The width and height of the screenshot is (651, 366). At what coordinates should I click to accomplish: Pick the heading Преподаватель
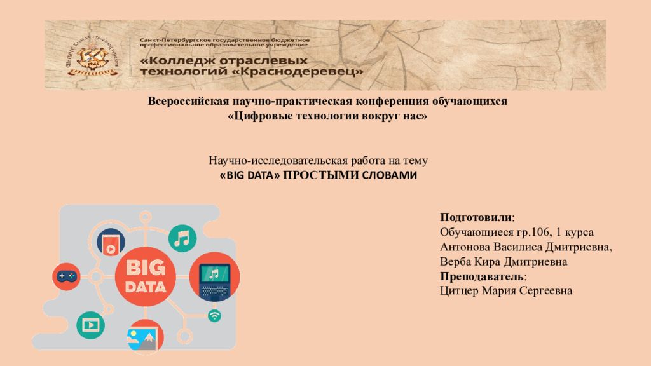pyautogui.click(x=482, y=276)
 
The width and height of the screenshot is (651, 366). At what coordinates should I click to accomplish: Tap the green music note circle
pyautogui.click(x=182, y=238)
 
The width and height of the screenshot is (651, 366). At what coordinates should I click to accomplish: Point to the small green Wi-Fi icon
pyautogui.click(x=214, y=315)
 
